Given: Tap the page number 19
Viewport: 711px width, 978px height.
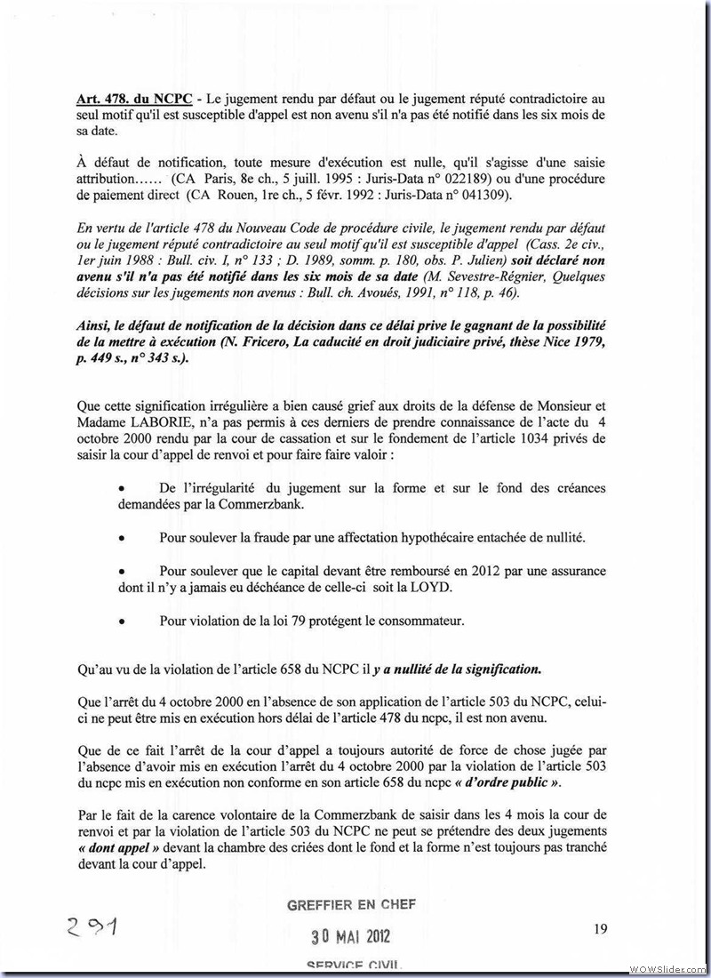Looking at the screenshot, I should [601, 929].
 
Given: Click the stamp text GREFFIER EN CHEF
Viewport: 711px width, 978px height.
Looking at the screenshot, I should [350, 905].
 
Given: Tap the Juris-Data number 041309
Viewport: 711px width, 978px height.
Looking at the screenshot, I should [495, 195].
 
